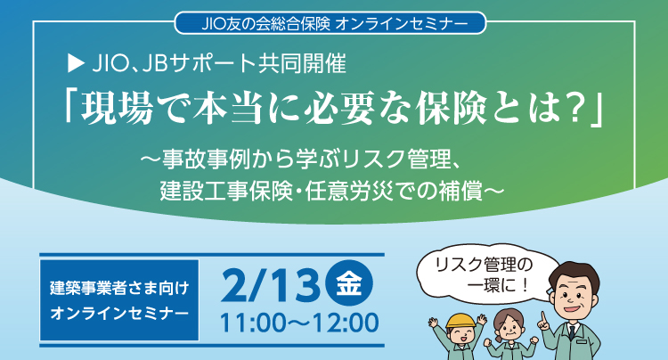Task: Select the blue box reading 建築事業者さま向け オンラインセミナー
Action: coord(118,301)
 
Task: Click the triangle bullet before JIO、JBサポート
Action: coord(75,64)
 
